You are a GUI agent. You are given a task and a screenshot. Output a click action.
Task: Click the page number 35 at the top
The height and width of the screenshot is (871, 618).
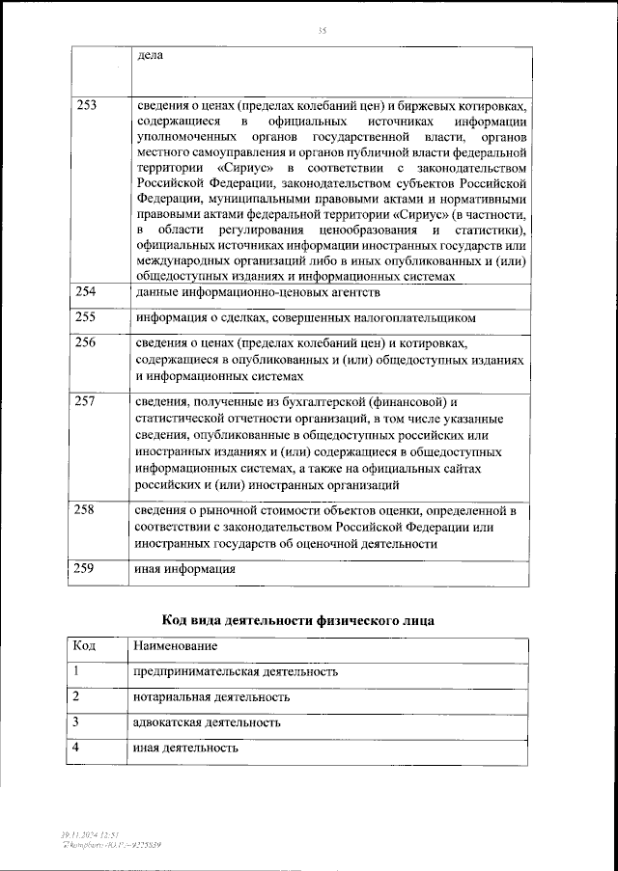(x=323, y=32)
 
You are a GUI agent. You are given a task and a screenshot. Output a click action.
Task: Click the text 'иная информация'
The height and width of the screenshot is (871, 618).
(x=184, y=569)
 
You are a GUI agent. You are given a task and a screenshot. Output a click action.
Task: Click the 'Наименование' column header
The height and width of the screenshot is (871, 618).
(x=176, y=645)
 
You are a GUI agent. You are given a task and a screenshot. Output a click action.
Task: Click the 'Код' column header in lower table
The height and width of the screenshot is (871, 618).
(x=84, y=645)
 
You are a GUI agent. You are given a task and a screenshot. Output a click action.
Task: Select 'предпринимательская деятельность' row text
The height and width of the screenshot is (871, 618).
(x=236, y=671)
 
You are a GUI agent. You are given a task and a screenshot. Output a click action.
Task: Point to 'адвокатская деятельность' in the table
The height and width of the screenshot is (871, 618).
(x=207, y=721)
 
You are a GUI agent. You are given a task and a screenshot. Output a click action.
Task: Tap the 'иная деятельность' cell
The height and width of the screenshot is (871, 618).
(x=185, y=748)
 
